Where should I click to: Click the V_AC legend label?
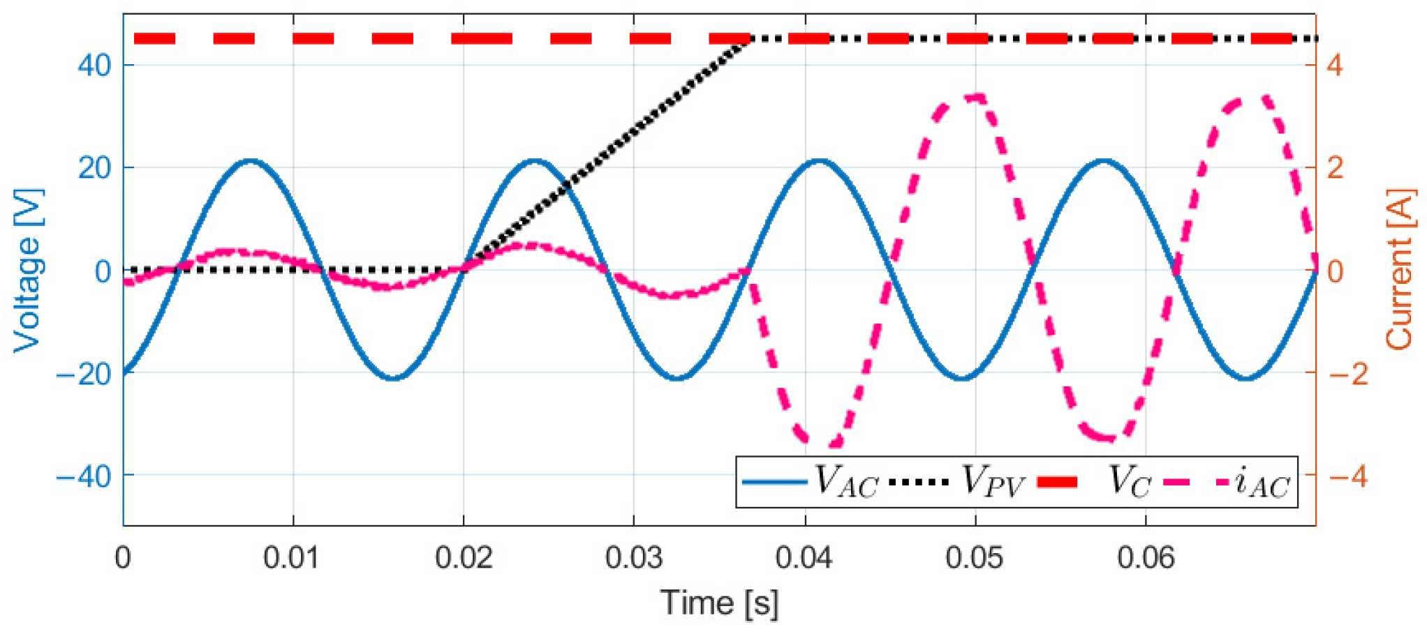tap(847, 482)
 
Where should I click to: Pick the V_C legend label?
tap(1129, 482)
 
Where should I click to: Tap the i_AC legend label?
tap(1262, 482)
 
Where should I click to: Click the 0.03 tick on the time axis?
tap(634, 558)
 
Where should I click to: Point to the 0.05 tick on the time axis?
tap(975, 558)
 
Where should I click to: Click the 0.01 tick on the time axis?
tap(293, 558)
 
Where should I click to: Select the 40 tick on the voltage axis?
tap(94, 66)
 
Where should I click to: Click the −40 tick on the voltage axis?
tap(84, 477)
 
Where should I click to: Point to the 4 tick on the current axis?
tap(1334, 66)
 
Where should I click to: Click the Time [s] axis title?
tap(719, 603)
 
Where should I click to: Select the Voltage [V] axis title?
tap(28, 270)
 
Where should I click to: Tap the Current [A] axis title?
tap(1400, 270)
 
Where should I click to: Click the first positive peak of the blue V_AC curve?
tap(251, 161)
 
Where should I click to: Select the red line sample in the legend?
tap(1057, 482)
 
